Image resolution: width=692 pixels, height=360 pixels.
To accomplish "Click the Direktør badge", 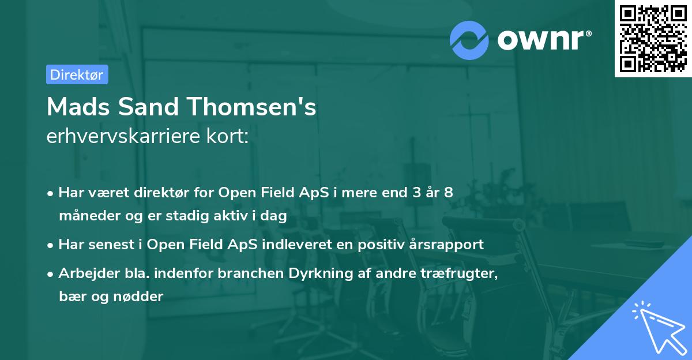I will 77,74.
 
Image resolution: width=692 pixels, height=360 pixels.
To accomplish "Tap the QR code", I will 653,38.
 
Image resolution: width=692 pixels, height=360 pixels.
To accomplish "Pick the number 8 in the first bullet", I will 448,193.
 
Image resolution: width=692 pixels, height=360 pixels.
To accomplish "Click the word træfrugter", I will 459,273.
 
